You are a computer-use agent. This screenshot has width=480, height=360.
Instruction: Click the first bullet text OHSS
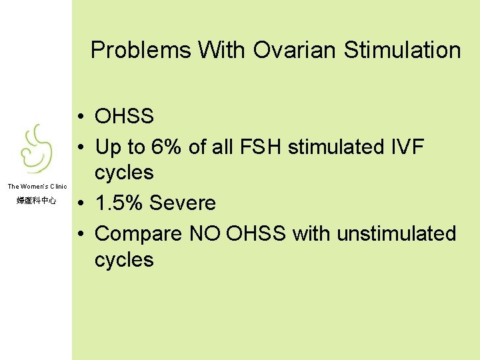click(x=125, y=117)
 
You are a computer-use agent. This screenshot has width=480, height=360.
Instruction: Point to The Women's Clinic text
click(x=37, y=186)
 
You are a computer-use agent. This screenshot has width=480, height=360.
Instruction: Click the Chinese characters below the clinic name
click(x=36, y=200)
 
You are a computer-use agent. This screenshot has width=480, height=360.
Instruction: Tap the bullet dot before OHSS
click(x=80, y=117)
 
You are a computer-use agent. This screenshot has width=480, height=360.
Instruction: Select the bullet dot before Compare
click(x=80, y=235)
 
